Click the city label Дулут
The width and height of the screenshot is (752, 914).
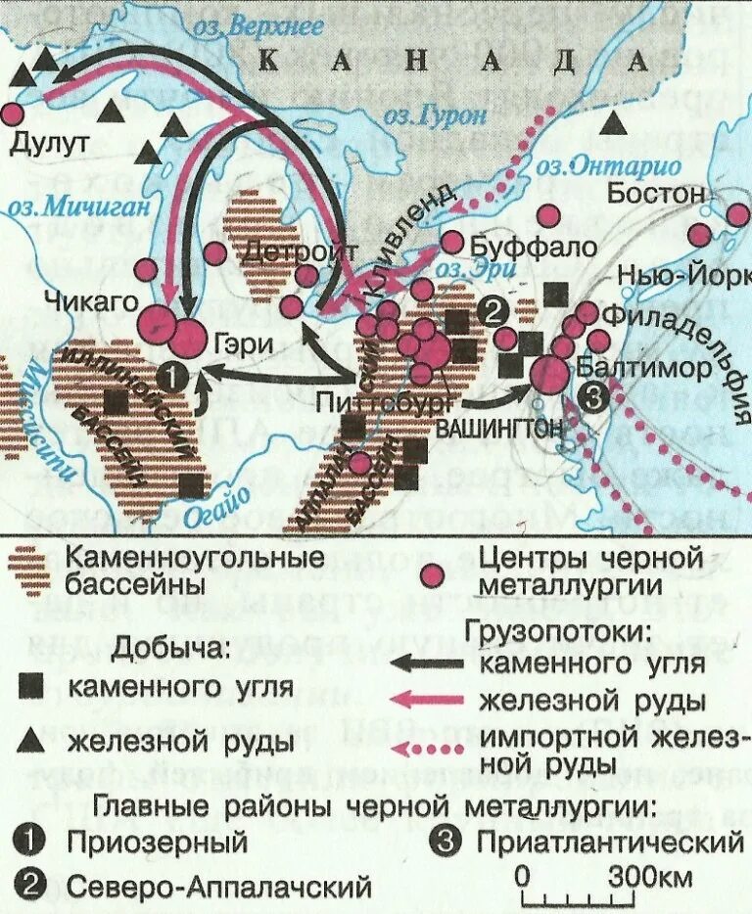(x=50, y=144)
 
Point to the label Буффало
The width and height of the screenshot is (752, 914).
(x=533, y=246)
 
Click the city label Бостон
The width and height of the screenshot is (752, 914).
(x=655, y=192)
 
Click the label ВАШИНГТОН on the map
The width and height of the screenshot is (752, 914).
(x=498, y=428)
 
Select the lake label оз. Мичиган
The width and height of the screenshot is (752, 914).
(x=69, y=206)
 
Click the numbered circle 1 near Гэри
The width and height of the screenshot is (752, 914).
(x=171, y=375)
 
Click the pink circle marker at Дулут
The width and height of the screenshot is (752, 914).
(x=12, y=113)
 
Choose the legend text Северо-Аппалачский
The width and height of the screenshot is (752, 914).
(x=219, y=888)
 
